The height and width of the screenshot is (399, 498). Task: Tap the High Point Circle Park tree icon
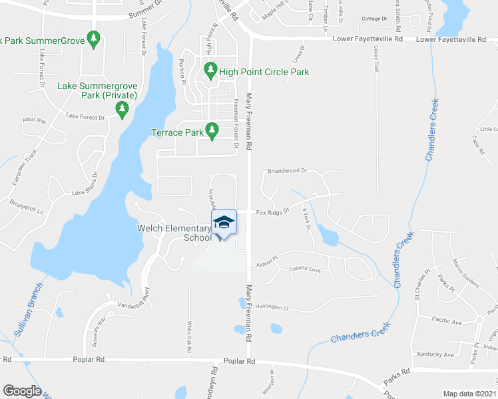point(211,69)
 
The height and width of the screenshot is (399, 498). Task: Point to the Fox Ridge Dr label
point(273,212)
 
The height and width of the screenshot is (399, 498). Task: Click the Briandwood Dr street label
point(286,170)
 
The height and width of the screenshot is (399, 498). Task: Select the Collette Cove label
point(305,269)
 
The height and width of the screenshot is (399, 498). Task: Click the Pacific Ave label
point(446,322)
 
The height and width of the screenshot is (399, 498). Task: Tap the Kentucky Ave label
point(435,354)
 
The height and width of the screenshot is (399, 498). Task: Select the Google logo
point(22,391)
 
